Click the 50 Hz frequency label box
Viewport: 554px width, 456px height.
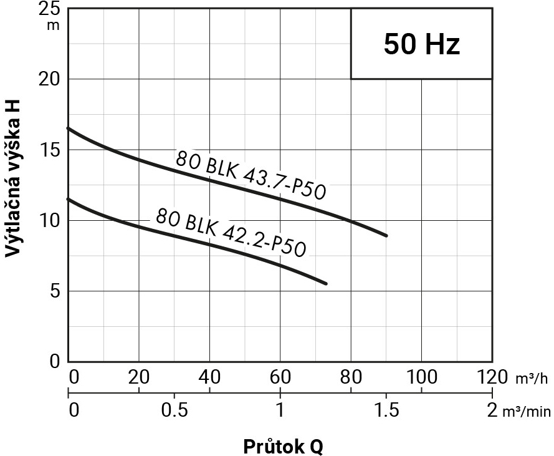click(421, 44)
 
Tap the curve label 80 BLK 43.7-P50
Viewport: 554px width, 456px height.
click(251, 175)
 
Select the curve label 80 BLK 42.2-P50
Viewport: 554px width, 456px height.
click(231, 233)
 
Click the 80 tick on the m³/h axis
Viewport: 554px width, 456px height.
click(351, 377)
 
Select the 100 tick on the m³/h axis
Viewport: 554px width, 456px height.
click(422, 377)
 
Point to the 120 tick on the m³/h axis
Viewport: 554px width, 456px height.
click(492, 377)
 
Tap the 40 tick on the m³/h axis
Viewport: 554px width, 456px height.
click(209, 377)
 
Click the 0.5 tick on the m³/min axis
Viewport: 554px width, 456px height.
click(174, 410)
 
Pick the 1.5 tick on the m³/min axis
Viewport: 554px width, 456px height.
click(386, 410)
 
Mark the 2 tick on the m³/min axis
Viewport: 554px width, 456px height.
click(492, 410)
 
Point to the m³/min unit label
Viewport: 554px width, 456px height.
click(526, 411)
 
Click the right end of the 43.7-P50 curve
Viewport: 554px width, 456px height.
click(386, 235)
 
